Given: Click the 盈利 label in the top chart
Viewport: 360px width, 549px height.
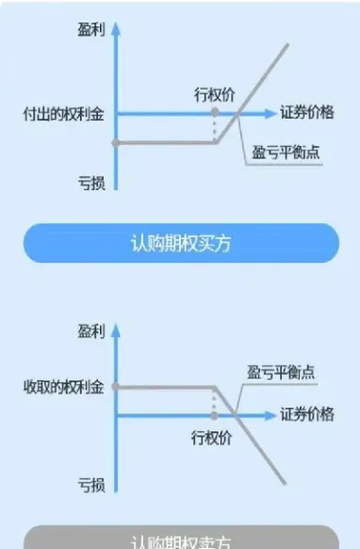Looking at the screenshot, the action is click(x=91, y=30).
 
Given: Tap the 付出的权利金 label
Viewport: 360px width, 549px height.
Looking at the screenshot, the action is click(x=64, y=113).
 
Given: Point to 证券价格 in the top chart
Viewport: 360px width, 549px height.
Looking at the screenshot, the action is click(x=307, y=113).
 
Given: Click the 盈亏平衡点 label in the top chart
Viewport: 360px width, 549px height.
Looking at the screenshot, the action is click(x=286, y=152).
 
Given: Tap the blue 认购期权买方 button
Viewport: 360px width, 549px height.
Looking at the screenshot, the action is click(x=180, y=244).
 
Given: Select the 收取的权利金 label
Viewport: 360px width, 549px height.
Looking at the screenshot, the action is click(x=64, y=387).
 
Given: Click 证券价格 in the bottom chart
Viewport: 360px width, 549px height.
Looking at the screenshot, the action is click(x=307, y=415).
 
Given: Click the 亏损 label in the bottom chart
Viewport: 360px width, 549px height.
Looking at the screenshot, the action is click(x=91, y=484).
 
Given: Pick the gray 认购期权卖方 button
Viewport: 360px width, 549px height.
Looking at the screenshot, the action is click(x=180, y=541).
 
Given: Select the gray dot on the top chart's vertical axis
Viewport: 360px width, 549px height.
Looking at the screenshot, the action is click(x=115, y=142).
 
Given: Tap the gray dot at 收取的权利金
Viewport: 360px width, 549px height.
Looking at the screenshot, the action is click(x=115, y=387).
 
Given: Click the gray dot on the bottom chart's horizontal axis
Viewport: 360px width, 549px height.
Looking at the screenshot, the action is click(x=215, y=415).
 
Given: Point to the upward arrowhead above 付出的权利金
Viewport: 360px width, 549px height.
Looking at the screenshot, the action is click(x=115, y=26).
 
